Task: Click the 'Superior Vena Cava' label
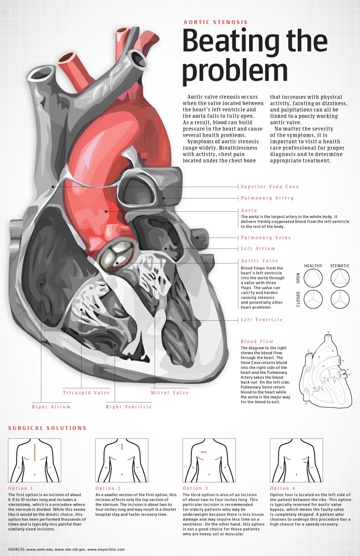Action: [270, 186]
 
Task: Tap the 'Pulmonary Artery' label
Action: [267, 198]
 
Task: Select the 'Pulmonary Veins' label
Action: [265, 238]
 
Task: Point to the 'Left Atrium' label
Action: [258, 248]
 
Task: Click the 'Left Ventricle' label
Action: [262, 320]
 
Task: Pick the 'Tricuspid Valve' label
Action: [86, 392]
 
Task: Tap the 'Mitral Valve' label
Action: [170, 392]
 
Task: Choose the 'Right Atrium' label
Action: [51, 407]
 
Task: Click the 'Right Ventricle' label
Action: [129, 407]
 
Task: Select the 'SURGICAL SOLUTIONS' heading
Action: [47, 428]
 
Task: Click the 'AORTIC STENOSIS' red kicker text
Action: [215, 22]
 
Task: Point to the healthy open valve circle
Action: [313, 278]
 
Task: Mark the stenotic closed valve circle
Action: [340, 299]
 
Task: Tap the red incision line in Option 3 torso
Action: [204, 452]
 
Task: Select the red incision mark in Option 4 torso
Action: [306, 462]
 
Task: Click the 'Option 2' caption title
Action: [108, 488]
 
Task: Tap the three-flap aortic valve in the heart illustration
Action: [117, 255]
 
